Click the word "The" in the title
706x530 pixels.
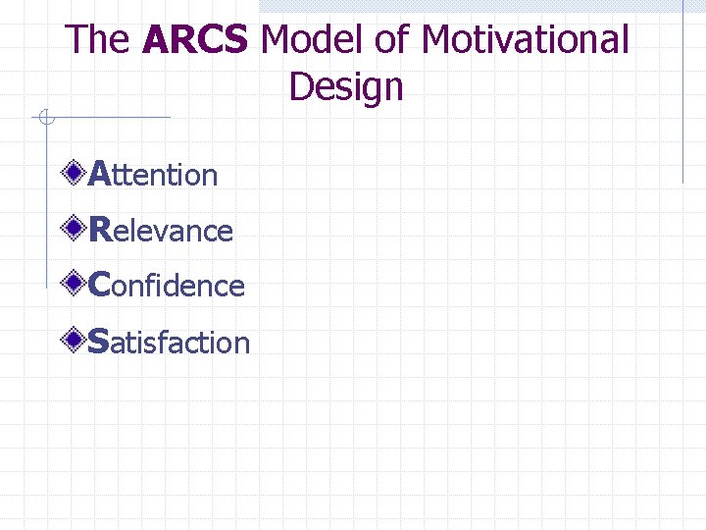click(x=97, y=40)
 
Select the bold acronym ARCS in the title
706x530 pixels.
click(x=195, y=40)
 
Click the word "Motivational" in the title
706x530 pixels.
click(x=526, y=40)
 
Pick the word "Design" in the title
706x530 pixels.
click(x=346, y=87)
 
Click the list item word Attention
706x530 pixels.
click(x=153, y=175)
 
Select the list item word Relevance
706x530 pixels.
click(x=161, y=231)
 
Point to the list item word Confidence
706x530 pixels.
click(x=166, y=286)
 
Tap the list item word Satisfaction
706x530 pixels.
click(x=169, y=343)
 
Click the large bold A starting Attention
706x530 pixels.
click(x=99, y=174)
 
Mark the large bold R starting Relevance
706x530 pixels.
click(x=99, y=230)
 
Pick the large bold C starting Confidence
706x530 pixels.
click(x=99, y=286)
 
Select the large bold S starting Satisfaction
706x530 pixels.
click(x=98, y=342)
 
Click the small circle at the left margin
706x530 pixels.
click(x=44, y=119)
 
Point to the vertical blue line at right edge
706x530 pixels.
click(x=682, y=98)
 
